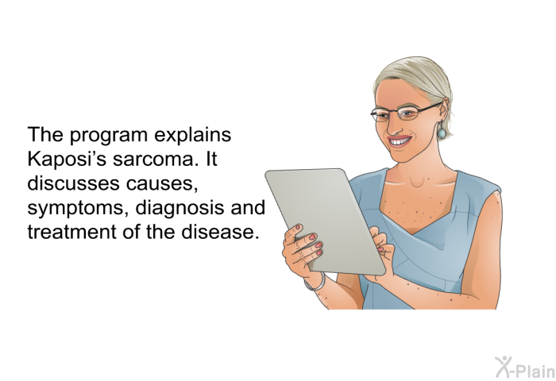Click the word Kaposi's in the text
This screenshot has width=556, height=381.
pyautogui.click(x=67, y=159)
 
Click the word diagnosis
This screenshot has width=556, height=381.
pyautogui.click(x=180, y=207)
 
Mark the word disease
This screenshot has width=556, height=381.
pyautogui.click(x=220, y=232)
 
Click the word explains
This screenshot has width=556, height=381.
pyautogui.click(x=193, y=136)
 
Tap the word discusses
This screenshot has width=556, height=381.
pyautogui.click(x=73, y=183)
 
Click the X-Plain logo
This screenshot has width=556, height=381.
pyautogui.click(x=525, y=368)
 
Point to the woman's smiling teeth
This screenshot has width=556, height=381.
pyautogui.click(x=399, y=142)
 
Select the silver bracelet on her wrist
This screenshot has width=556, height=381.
pyautogui.click(x=316, y=283)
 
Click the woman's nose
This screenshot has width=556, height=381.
pyautogui.click(x=391, y=126)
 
